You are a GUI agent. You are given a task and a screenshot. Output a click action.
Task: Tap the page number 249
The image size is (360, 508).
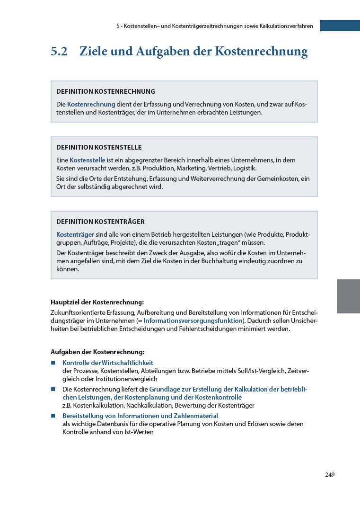330,475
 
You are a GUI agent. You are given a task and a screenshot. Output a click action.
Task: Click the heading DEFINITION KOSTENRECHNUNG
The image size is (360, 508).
105,91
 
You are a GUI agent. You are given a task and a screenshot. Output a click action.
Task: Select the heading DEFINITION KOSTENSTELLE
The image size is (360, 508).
99,147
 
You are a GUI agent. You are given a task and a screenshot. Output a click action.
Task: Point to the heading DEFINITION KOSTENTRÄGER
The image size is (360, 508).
100,222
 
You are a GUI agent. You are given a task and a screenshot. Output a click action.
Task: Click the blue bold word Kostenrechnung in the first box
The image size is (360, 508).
91,104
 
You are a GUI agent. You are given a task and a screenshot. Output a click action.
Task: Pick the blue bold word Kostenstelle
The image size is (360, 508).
88,160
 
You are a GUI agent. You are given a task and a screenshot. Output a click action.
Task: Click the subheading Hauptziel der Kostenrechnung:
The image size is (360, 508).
97,302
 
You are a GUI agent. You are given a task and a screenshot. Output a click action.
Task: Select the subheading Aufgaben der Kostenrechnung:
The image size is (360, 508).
97,352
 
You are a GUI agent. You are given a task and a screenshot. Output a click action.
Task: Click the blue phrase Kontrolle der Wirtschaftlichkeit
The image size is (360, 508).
108,363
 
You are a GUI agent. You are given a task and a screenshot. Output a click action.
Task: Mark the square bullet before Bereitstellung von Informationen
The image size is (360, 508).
53,416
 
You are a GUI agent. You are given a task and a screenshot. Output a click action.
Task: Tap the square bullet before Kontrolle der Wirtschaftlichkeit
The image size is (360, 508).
53,363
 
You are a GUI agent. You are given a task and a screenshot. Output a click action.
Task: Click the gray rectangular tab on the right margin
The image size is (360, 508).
348,296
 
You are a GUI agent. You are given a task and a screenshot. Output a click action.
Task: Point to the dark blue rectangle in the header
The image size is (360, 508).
340,26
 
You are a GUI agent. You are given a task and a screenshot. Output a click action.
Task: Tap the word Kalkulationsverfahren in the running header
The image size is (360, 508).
286,26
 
